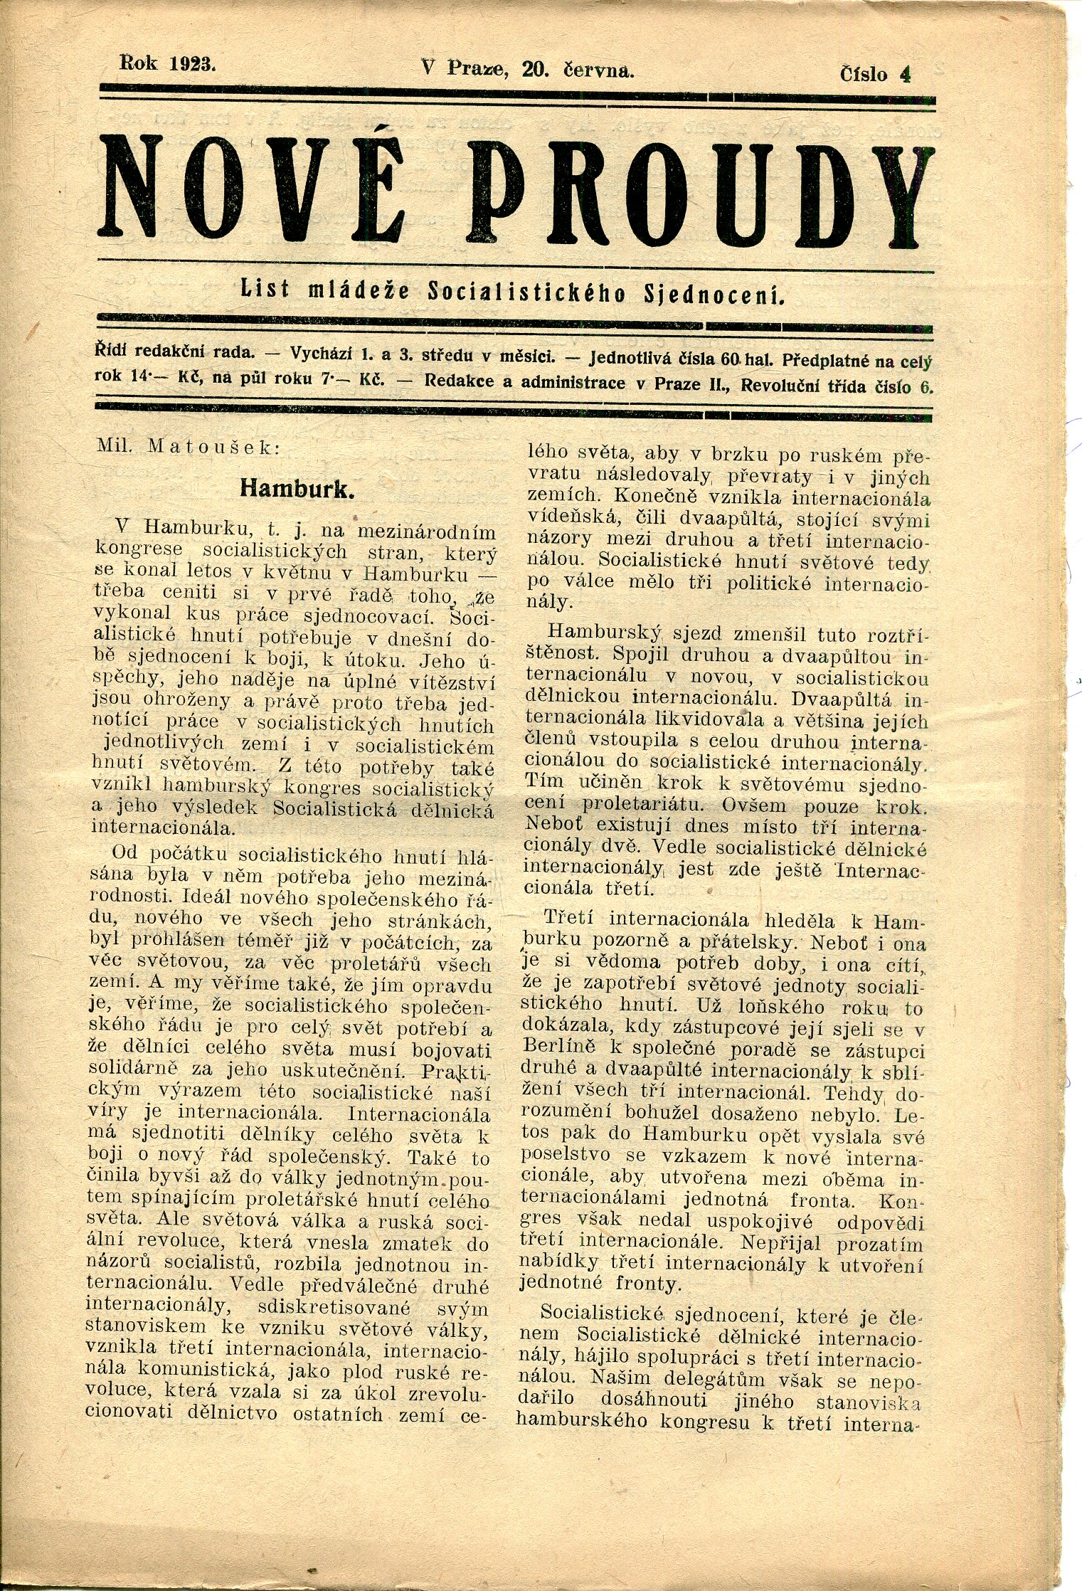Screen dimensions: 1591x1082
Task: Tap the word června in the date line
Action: pos(598,69)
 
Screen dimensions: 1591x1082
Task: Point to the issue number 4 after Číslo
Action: pos(905,74)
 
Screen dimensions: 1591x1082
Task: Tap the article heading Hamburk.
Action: pos(297,488)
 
